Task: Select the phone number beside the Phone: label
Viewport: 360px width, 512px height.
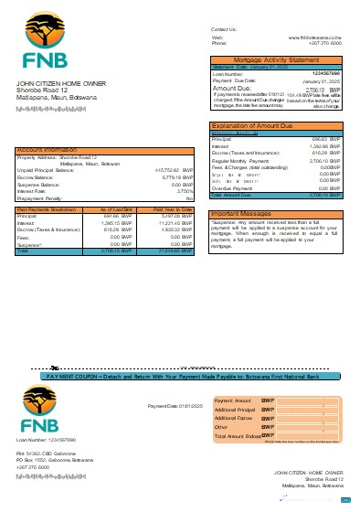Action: pos(327,43)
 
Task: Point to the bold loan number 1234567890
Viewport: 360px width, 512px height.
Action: pos(325,73)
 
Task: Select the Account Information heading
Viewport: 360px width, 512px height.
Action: pos(46,149)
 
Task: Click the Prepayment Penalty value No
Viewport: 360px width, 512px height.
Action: pos(189,198)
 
